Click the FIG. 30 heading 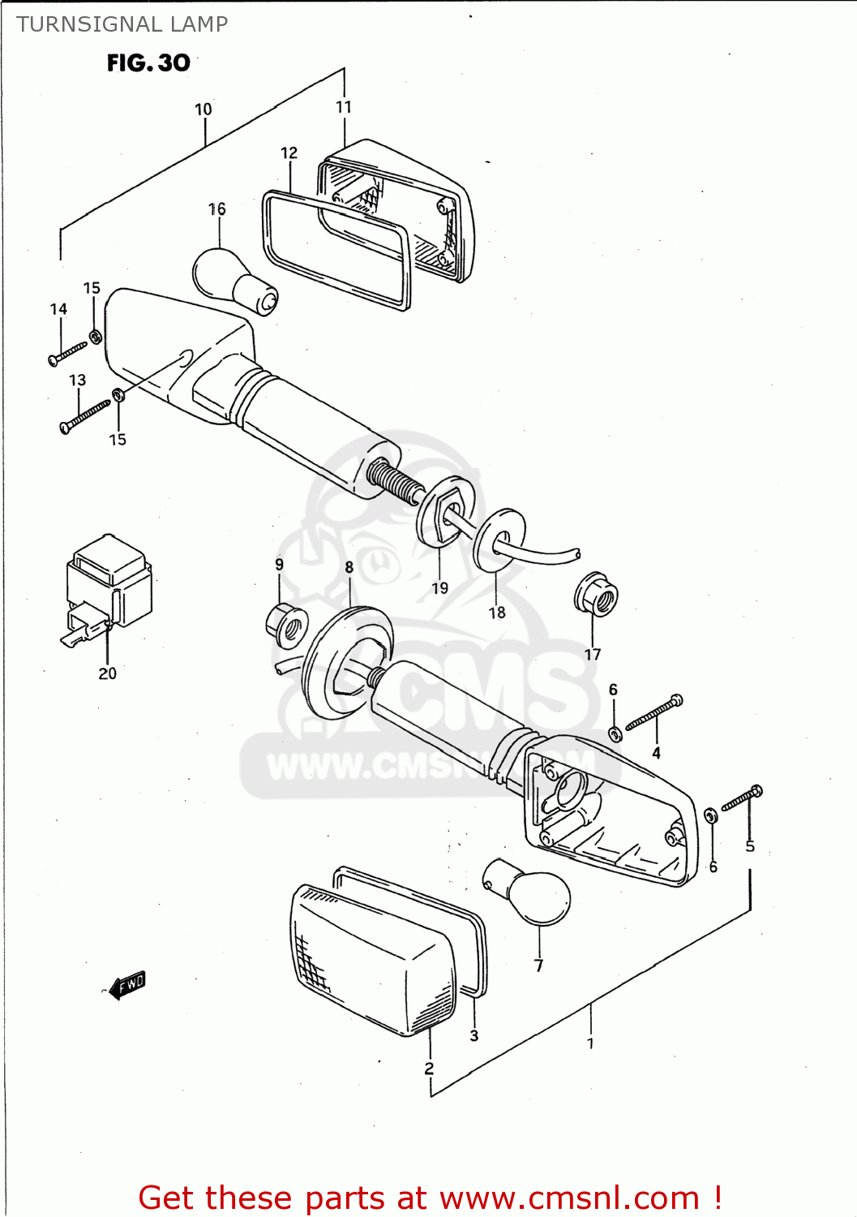148,63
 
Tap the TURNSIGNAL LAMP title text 122,24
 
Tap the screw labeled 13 84,415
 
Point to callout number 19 439,588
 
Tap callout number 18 497,613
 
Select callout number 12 289,153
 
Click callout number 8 349,567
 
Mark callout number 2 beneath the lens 429,1069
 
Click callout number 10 204,109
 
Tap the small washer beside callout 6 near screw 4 615,734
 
